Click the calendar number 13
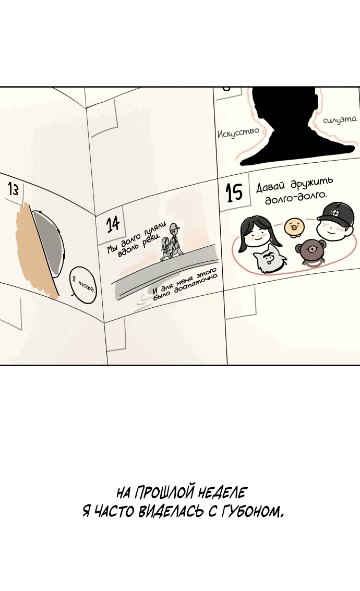[13, 189]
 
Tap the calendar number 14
[113, 224]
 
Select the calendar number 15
[234, 192]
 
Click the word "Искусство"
[238, 132]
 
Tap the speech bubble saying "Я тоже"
[83, 285]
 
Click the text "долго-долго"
[296, 196]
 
